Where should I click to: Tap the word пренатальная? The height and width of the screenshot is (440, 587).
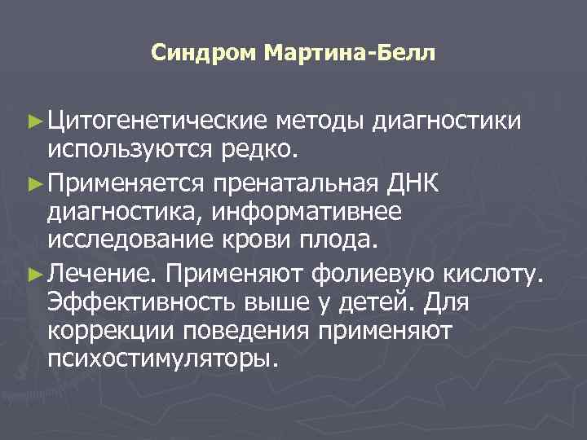[x=296, y=182]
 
